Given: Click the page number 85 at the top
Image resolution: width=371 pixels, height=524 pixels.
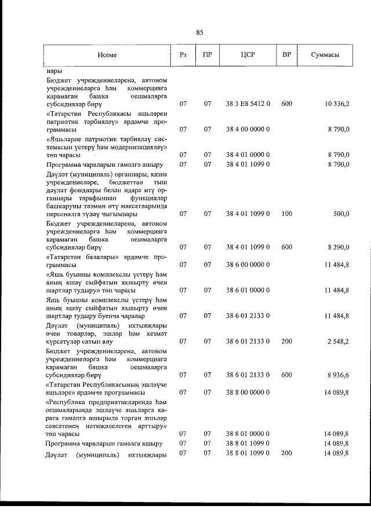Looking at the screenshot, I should coord(199,32).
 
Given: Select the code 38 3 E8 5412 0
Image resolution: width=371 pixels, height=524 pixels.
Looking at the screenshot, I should coord(248,104).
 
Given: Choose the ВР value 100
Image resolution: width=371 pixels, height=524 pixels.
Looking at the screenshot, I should coord(286,214).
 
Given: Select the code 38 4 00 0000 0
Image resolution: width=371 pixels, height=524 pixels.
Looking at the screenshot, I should coord(248,130).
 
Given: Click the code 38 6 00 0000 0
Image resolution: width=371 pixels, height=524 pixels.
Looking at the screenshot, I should coord(248,265).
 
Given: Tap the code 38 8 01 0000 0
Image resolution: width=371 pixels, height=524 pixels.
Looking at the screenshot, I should coord(248,433).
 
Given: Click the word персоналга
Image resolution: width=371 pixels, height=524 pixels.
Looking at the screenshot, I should coord(64,214).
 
